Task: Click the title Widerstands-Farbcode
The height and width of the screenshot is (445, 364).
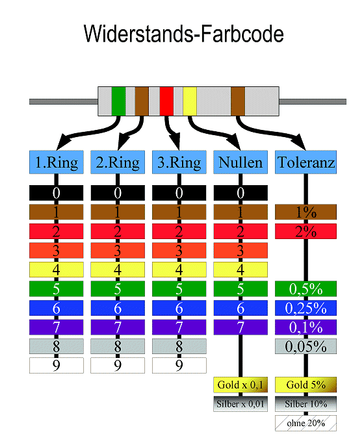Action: coord(184,34)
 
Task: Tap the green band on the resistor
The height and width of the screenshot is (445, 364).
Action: coord(119,101)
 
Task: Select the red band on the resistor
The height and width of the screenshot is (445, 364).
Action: coord(166,101)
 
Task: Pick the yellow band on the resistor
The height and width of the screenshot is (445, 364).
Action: coord(190,101)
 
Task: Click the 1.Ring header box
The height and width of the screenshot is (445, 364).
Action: coord(57,162)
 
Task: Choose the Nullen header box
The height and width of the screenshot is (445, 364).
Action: coord(240,162)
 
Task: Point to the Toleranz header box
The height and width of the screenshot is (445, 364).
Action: coord(305,162)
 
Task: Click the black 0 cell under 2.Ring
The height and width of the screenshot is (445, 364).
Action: coord(118,193)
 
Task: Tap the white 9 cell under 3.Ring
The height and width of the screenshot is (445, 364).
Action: coord(179,365)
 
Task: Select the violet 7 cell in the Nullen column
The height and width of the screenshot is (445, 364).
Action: coord(240,327)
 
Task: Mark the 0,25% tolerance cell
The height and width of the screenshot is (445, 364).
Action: coord(305,308)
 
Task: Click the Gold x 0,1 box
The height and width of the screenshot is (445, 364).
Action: coord(240,385)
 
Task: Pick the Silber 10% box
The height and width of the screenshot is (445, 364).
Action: coord(305,404)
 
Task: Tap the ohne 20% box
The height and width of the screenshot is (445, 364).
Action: coord(305,423)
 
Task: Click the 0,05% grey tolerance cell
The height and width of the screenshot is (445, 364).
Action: coord(305,346)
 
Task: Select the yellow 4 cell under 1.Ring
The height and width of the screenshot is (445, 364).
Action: coord(57,270)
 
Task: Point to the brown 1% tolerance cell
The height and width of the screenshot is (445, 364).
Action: coord(305,212)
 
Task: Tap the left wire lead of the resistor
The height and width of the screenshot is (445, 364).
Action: coord(64,101)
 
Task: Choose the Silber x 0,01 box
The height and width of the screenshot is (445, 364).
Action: coord(240,404)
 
